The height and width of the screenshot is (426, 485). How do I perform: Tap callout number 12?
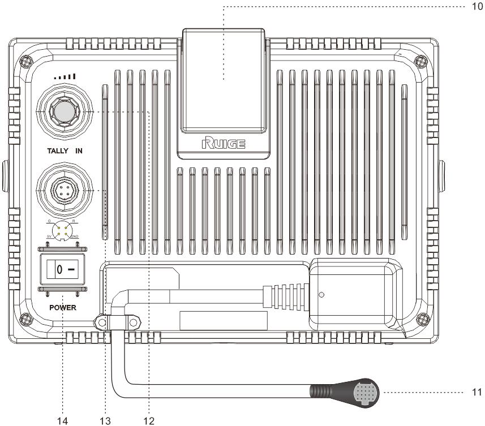coord(148,420)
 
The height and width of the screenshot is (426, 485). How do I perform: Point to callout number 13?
coord(104,420)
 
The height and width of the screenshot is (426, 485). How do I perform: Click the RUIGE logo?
coord(224,144)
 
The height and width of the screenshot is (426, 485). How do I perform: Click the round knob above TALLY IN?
coord(63,113)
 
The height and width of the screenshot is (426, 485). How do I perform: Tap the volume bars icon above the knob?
coord(63,76)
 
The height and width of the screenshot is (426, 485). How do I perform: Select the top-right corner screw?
coord(419,61)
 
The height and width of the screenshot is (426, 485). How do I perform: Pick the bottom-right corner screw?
coord(419,319)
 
